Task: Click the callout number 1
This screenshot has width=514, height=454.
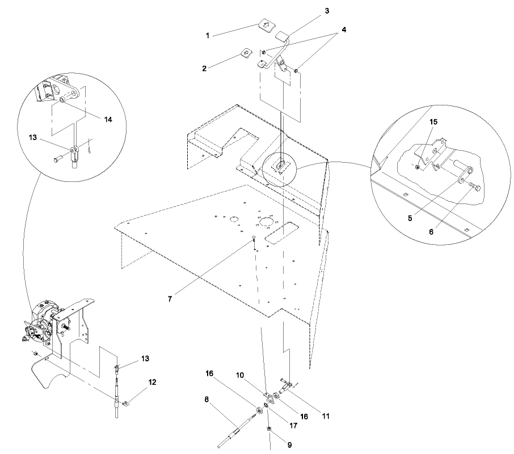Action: point(208,35)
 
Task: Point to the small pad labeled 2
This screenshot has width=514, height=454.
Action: point(246,53)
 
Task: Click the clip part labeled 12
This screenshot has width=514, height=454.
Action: point(125,404)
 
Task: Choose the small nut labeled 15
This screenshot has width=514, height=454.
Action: point(418,167)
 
